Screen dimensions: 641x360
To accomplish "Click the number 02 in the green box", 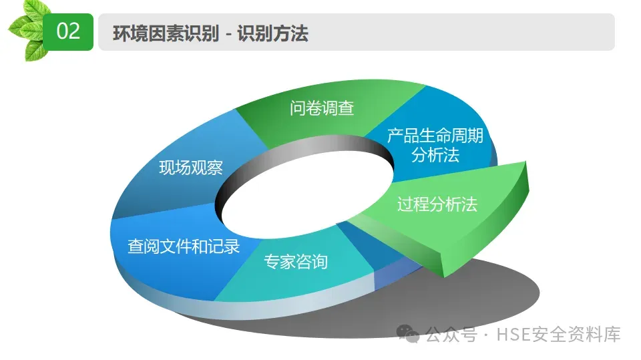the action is pos(68,31).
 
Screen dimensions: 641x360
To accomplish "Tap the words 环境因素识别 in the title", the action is pos(166,33).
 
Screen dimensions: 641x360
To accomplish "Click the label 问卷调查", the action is pos(322,108).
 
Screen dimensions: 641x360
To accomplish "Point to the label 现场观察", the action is pos(191,168).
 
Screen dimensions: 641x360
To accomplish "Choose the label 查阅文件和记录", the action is pos(184,246).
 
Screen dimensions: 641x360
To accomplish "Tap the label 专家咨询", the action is pos(296,261).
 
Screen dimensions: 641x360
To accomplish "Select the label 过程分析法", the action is pos(437,204).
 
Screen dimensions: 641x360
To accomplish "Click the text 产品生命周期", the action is pos(435,136).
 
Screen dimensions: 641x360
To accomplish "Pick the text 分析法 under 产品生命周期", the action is pos(435,156).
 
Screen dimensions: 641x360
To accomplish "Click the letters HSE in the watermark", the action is pos(511,334).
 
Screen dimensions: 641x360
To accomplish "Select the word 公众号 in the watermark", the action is pos(451,334).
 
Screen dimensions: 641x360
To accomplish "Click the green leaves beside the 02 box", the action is pos(27,30).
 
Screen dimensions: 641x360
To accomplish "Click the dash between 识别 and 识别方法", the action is pos(228,33).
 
